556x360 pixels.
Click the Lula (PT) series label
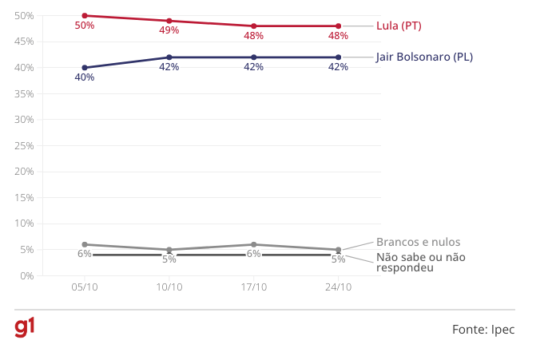pyautogui.click(x=399, y=26)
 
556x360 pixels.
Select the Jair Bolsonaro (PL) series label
pyautogui.click(x=424, y=57)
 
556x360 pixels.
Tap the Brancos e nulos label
pyautogui.click(x=418, y=242)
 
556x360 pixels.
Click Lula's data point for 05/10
pyautogui.click(x=85, y=15)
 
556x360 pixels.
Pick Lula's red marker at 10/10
pyautogui.click(x=169, y=21)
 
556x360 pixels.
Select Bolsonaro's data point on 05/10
pyautogui.click(x=85, y=68)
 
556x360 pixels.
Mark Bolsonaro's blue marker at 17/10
pyautogui.click(x=254, y=57)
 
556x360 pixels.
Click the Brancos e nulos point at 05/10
pyautogui.click(x=85, y=244)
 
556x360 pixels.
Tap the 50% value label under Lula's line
pyautogui.click(x=85, y=26)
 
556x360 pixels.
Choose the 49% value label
pyautogui.click(x=169, y=31)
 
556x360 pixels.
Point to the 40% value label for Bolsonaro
pyautogui.click(x=85, y=77)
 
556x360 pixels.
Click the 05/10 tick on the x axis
pyautogui.click(x=85, y=287)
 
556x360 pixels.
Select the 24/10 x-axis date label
pyautogui.click(x=338, y=287)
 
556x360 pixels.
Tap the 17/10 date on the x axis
pyautogui.click(x=254, y=287)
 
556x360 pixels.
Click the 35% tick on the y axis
pyautogui.click(x=24, y=93)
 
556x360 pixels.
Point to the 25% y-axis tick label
pyautogui.click(x=24, y=145)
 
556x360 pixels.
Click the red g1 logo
pyautogui.click(x=25, y=327)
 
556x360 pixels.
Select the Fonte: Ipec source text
pyautogui.click(x=483, y=329)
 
